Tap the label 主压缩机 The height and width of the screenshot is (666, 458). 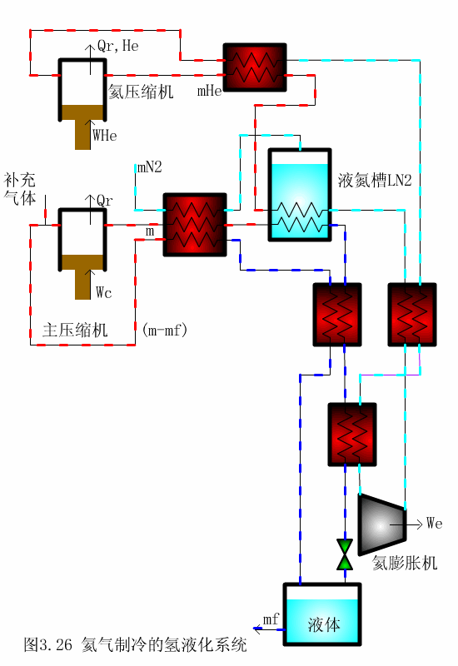[75, 330]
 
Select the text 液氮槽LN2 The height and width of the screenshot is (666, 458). [375, 180]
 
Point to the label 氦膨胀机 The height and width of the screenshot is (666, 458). [405, 563]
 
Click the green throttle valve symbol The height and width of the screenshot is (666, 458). [345, 554]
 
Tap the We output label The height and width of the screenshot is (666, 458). [434, 524]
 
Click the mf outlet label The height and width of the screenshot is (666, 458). [271, 619]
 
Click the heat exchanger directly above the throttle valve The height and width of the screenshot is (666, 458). [353, 434]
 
